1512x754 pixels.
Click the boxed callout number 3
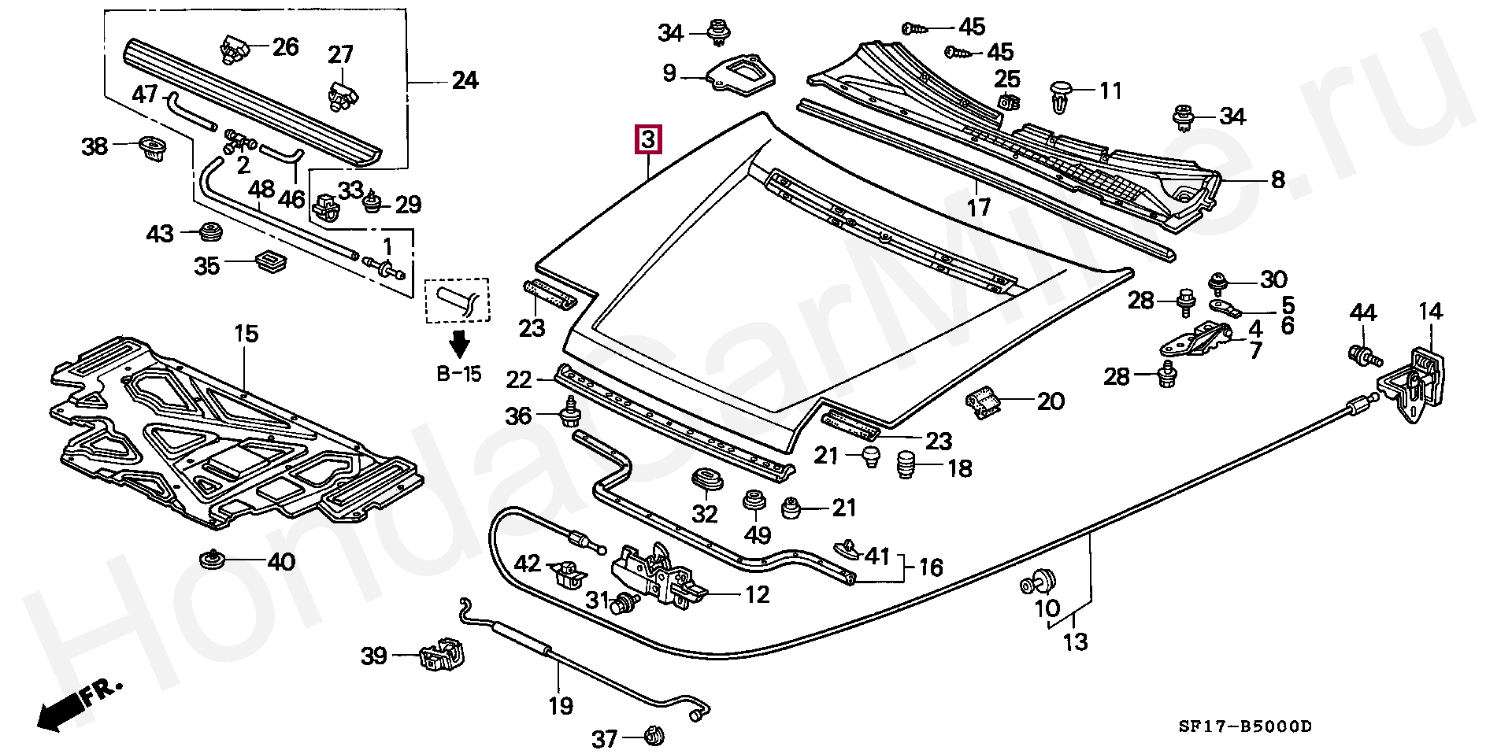[x=649, y=140]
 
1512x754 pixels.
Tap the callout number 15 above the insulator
[x=246, y=334]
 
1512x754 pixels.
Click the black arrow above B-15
[x=459, y=343]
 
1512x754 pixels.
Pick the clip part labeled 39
[x=443, y=656]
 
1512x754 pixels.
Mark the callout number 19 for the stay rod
[x=561, y=706]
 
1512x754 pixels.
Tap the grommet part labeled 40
[x=212, y=560]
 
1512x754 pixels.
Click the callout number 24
[x=464, y=80]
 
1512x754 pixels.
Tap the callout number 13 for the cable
[x=1075, y=641]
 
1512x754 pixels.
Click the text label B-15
[x=459, y=374]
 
